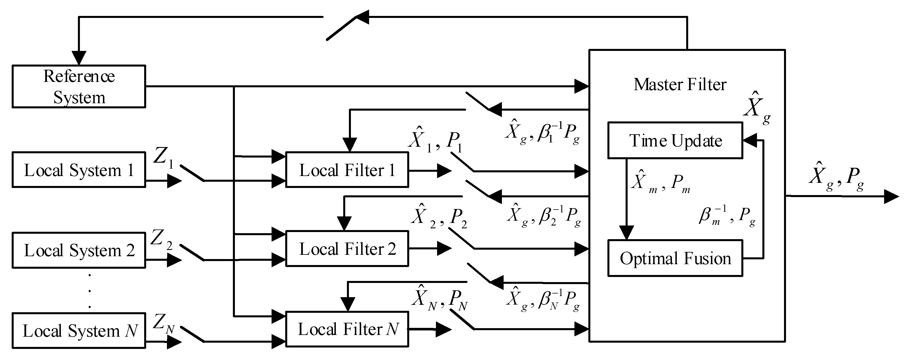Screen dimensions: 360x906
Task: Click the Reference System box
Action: (79, 86)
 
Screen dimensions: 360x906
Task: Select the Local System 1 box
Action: (79, 170)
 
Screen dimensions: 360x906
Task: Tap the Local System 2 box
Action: (79, 250)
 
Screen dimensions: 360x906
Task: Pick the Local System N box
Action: (79, 330)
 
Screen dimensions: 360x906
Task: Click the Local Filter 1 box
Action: (347, 170)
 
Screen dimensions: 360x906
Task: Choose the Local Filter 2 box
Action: (347, 249)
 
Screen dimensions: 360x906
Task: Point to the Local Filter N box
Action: (347, 329)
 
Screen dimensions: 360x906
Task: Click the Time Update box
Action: (675, 140)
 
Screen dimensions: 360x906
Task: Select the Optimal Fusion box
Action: (675, 258)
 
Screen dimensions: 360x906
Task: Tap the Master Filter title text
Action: (680, 84)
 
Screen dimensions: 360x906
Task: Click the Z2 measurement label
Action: (162, 239)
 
